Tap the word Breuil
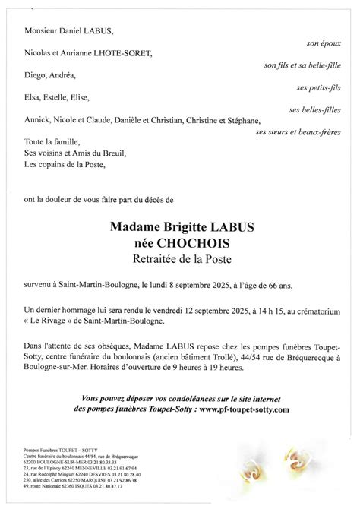[x=112, y=153]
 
